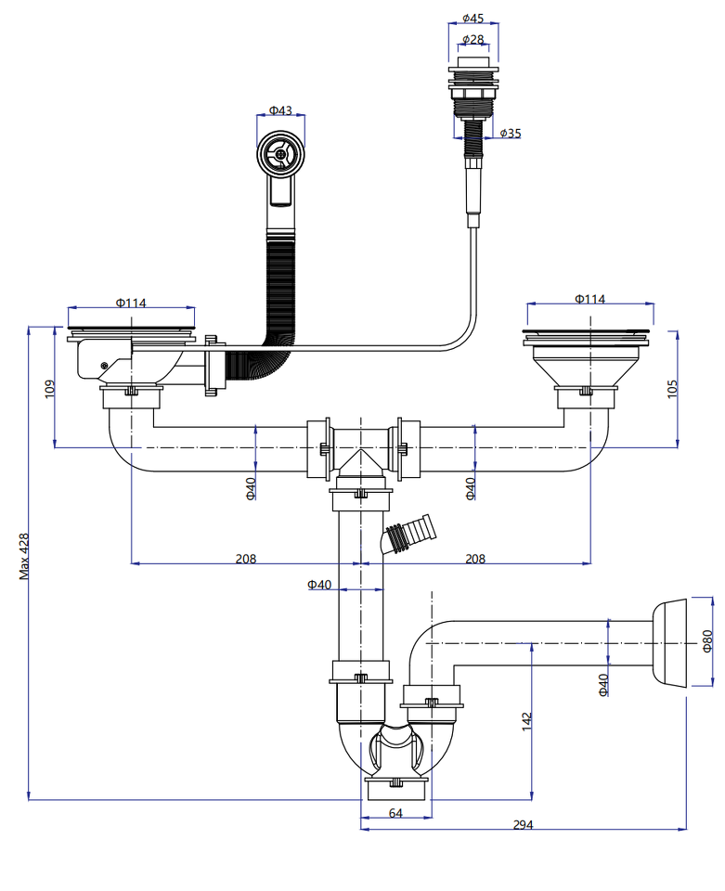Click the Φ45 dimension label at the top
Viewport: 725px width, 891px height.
pyautogui.click(x=473, y=19)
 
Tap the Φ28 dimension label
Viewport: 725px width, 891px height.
pyautogui.click(x=473, y=39)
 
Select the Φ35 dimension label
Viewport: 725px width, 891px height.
pyautogui.click(x=510, y=134)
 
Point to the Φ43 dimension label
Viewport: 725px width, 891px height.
pyautogui.click(x=280, y=110)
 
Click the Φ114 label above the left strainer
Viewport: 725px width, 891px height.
pyautogui.click(x=131, y=303)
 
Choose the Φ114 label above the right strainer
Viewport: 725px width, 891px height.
pyautogui.click(x=589, y=299)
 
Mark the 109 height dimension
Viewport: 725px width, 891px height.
pyautogui.click(x=50, y=388)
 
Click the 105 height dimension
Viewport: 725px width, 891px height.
pyautogui.click(x=673, y=387)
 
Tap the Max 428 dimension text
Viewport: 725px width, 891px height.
pyautogui.click(x=24, y=556)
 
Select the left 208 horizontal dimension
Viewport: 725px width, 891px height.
pyautogui.click(x=245, y=559)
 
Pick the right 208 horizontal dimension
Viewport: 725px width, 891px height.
pyautogui.click(x=474, y=559)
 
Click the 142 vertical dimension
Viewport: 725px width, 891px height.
pyautogui.click(x=526, y=721)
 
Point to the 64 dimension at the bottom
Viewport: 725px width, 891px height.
pyautogui.click(x=395, y=813)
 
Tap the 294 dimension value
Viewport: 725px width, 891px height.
pyautogui.click(x=523, y=825)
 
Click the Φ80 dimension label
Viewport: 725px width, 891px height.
pyautogui.click(x=707, y=640)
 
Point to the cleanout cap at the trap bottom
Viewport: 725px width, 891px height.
pyautogui.click(x=398, y=788)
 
